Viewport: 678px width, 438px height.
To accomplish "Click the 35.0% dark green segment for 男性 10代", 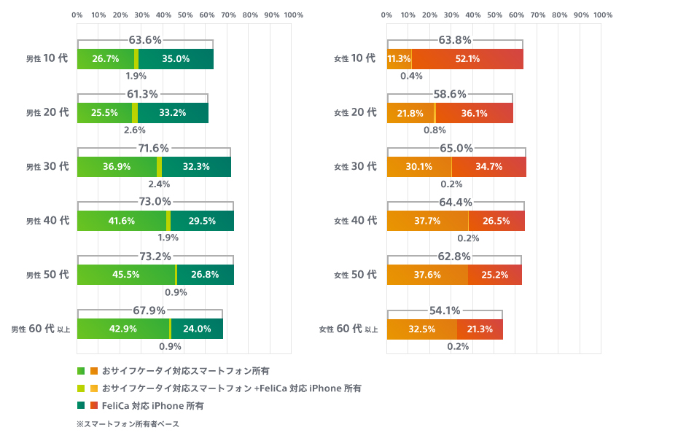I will pos(176,59).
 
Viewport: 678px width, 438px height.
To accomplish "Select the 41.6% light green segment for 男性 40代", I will pos(121,221).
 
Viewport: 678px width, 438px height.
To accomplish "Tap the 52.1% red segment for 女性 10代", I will pos(467,59).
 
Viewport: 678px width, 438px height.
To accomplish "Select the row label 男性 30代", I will pos(47,167).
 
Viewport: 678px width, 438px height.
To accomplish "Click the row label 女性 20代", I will pos(355,113).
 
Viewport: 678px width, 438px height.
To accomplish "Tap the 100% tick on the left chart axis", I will pos(294,15).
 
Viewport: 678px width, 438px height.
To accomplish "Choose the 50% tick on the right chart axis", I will pos(495,15).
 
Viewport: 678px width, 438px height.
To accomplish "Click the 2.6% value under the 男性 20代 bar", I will pos(135,130).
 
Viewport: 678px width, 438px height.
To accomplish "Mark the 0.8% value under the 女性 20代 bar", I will pos(435,130).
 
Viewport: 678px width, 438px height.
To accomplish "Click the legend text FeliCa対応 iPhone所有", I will pos(153,405).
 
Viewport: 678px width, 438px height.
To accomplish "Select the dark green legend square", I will pos(81,405).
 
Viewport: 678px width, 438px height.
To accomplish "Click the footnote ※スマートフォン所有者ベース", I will pos(128,423).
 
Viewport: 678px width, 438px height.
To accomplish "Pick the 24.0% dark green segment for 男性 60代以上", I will pos(196,329).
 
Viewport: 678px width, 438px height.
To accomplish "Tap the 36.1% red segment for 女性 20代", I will pos(473,113).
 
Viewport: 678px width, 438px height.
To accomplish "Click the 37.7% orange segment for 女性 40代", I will pos(427,221).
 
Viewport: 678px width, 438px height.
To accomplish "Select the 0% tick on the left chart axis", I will pos(77,15).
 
